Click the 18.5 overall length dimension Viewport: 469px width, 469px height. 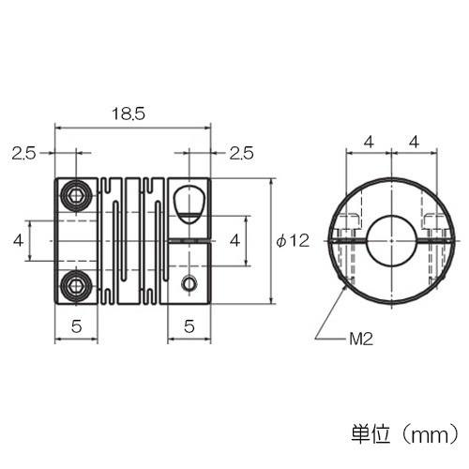click(129, 114)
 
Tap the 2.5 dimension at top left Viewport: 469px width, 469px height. click(23, 154)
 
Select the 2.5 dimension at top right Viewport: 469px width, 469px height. click(241, 154)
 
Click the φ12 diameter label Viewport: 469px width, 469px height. click(293, 241)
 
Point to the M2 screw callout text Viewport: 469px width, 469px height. click(361, 339)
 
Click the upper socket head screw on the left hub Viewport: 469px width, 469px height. click(77, 196)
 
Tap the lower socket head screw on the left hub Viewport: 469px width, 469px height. click(77, 285)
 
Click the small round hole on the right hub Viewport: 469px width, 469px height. click(189, 283)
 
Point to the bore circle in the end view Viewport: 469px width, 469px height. click(391, 241)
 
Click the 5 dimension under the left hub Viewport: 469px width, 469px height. click(76, 326)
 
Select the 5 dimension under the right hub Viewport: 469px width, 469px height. click(189, 326)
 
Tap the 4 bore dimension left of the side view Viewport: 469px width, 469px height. click(18, 241)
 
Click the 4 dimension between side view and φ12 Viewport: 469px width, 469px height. click(235, 241)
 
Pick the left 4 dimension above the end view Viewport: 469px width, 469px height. click(369, 143)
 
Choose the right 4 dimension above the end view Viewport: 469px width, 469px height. click(414, 143)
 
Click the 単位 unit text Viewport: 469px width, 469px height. click(371, 433)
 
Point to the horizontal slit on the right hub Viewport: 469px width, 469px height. click(189, 241)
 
